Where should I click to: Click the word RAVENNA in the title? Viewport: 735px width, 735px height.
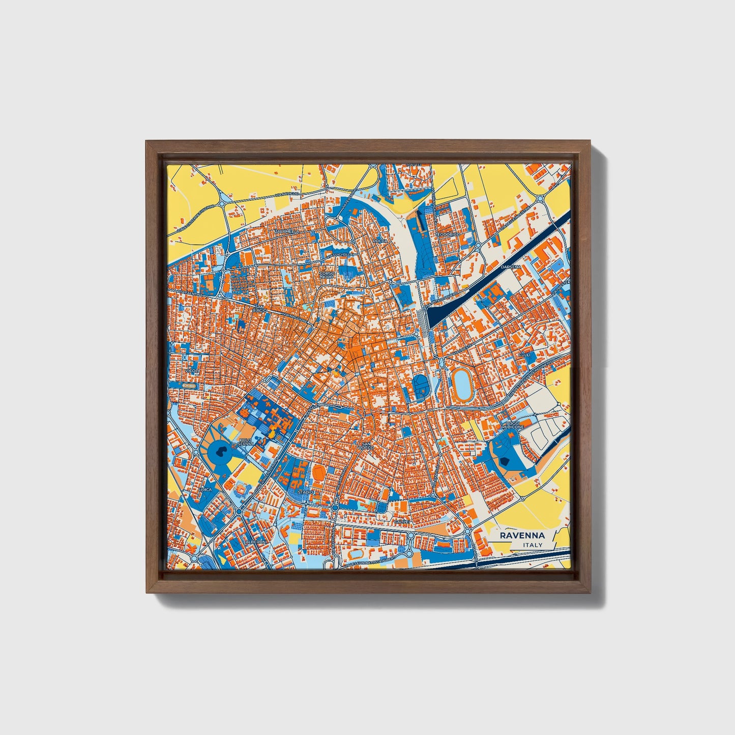pyautogui.click(x=522, y=536)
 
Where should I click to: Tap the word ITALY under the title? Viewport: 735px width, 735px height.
pyautogui.click(x=533, y=545)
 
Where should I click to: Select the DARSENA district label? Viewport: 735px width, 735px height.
pyautogui.click(x=510, y=267)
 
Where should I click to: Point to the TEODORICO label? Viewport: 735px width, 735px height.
pyautogui.click(x=447, y=234)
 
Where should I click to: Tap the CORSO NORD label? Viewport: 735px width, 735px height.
pyautogui.click(x=327, y=275)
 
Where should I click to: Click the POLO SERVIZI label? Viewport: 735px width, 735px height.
pyautogui.click(x=245, y=442)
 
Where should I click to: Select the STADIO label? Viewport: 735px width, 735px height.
pyautogui.click(x=305, y=492)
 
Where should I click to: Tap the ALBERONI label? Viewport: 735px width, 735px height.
pyautogui.click(x=256, y=542)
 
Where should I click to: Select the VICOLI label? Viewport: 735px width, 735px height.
pyautogui.click(x=192, y=371)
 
